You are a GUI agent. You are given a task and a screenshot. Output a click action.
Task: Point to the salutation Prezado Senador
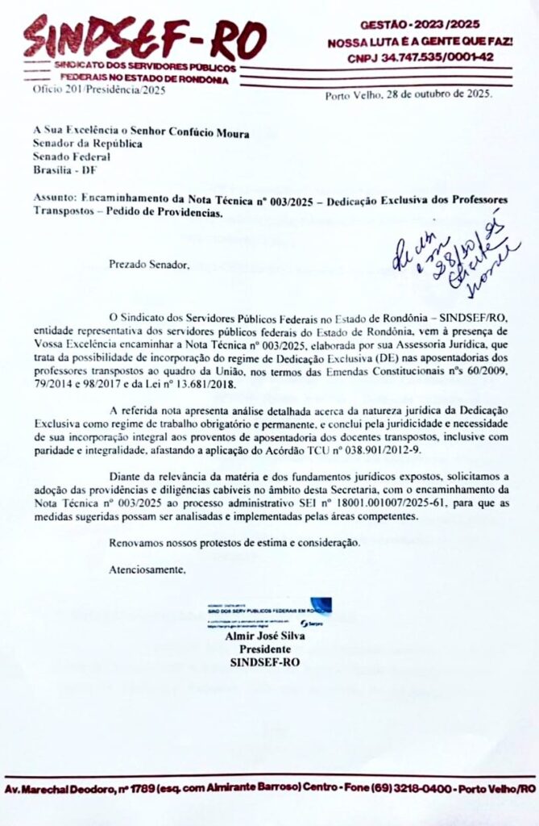[151, 264]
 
